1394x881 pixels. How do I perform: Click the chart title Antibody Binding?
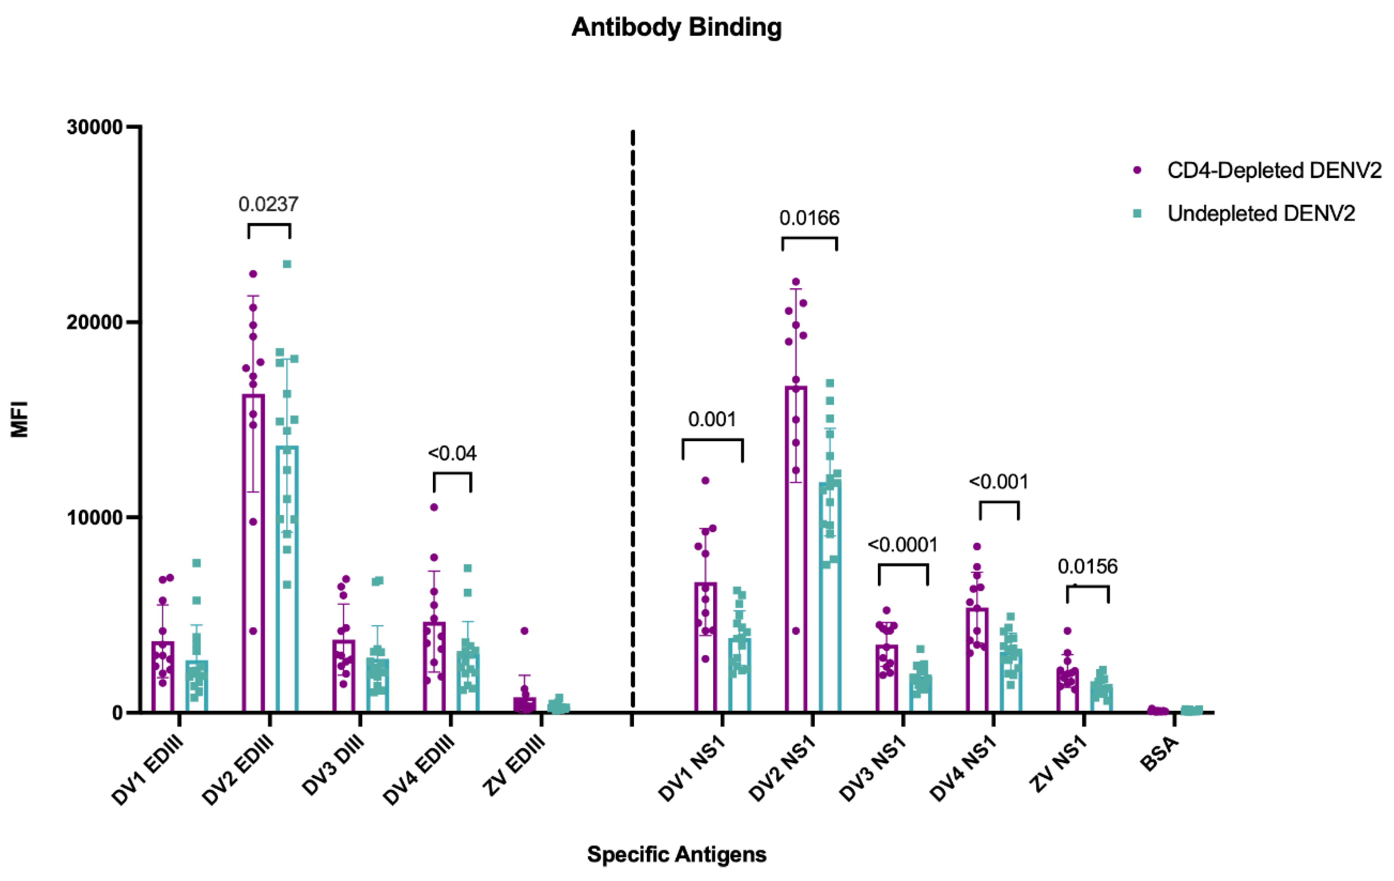[x=676, y=27]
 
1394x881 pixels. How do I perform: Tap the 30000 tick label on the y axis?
[x=94, y=127]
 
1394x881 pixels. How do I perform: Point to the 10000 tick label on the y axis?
[x=94, y=517]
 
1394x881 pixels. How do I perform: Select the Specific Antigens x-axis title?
[x=676, y=854]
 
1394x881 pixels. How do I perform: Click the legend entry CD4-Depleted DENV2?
[x=1274, y=170]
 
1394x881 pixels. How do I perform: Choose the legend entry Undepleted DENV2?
[x=1261, y=214]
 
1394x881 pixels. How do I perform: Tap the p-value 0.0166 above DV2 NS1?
[x=809, y=218]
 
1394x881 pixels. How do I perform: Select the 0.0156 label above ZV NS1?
[x=1087, y=566]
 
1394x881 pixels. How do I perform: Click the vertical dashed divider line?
[x=633, y=405]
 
